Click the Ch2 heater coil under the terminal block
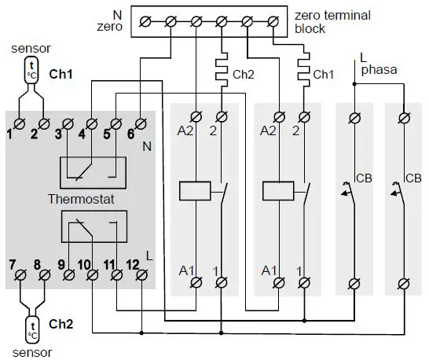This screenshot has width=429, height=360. pyautogui.click(x=221, y=73)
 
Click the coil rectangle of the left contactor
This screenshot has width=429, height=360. pyautogui.click(x=192, y=192)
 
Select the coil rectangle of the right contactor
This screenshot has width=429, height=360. pyautogui.click(x=277, y=192)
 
